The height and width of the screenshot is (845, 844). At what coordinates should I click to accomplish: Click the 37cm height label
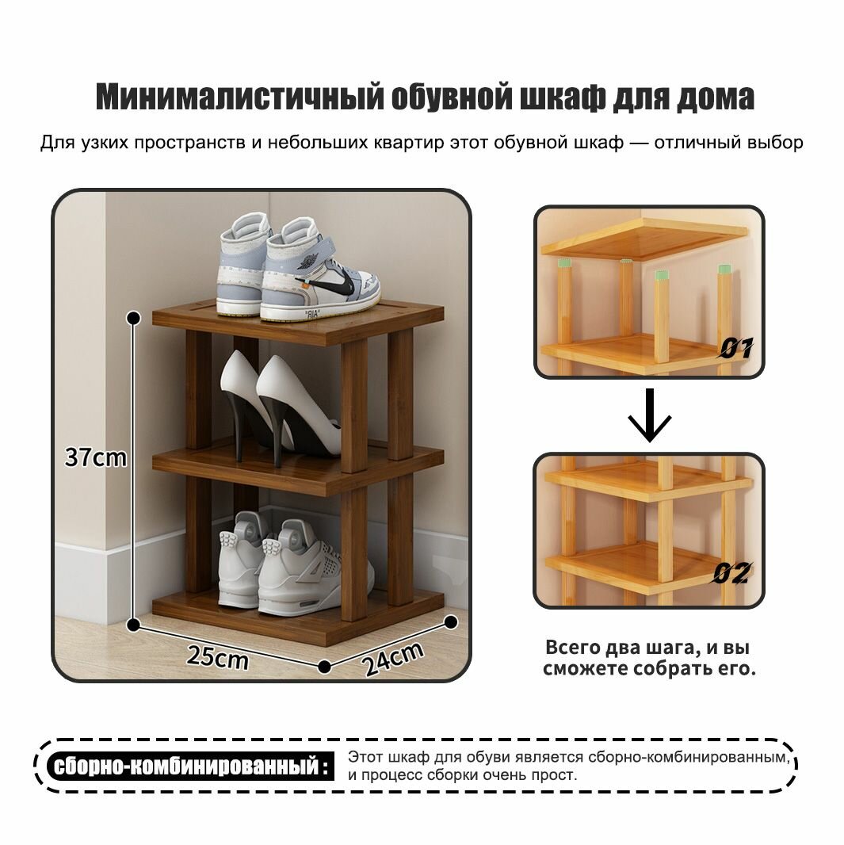[96, 458]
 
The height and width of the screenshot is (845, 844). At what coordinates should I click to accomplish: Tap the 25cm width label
[217, 657]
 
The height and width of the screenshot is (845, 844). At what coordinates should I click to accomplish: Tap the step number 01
[735, 347]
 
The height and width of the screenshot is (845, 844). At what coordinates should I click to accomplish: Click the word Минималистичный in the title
[238, 97]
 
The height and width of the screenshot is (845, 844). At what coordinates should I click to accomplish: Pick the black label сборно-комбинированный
[187, 767]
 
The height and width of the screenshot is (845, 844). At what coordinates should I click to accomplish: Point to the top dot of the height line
[134, 317]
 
